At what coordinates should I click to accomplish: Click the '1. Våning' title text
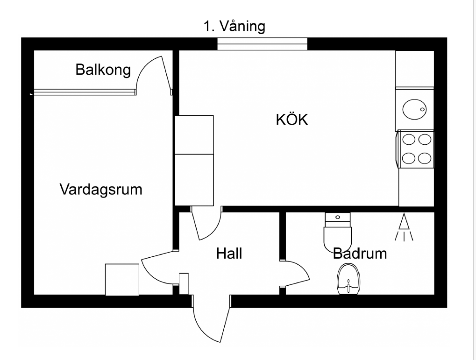pyautogui.click(x=234, y=27)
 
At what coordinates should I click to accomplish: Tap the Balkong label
pyautogui.click(x=103, y=70)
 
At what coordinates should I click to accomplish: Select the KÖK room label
pyautogui.click(x=292, y=119)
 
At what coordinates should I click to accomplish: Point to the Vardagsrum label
pyautogui.click(x=101, y=190)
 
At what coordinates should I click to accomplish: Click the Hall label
pyautogui.click(x=229, y=254)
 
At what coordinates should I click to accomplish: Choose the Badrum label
pyautogui.click(x=360, y=254)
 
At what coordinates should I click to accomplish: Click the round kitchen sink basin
pyautogui.click(x=414, y=109)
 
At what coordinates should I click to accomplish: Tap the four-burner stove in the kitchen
pyautogui.click(x=415, y=149)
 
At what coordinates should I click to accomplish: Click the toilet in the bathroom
pyautogui.click(x=338, y=233)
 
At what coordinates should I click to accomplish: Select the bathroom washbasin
pyautogui.click(x=348, y=279)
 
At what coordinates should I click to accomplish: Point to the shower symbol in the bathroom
pyautogui.click(x=404, y=227)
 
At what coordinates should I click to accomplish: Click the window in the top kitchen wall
pyautogui.click(x=262, y=44)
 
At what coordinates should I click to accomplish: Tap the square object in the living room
pyautogui.click(x=122, y=280)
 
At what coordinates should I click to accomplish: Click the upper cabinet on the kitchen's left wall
pyautogui.click(x=194, y=135)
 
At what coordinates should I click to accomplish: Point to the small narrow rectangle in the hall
pyautogui.click(x=184, y=284)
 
